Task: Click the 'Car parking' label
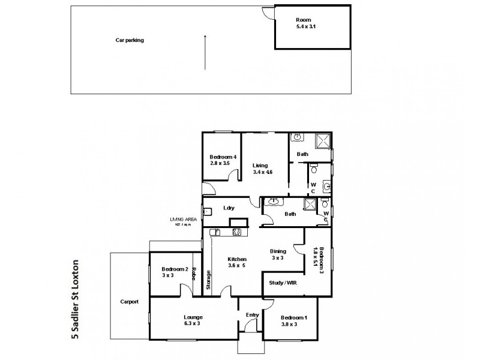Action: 130,40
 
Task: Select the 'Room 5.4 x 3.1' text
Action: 304,23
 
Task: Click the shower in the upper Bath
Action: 323,140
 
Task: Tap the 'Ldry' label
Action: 228,208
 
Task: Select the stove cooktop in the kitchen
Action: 236,232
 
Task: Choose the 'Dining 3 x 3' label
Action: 277,255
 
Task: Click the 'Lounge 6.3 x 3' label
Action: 193,320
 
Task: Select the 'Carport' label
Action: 129,302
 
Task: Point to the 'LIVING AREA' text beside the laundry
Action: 184,221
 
